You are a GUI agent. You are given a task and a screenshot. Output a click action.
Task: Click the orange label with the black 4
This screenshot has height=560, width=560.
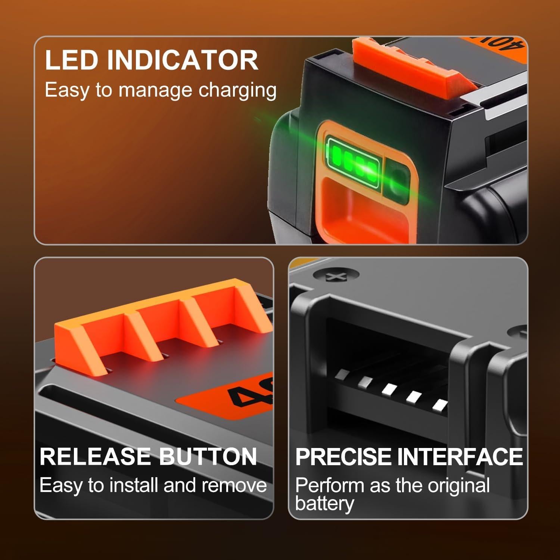[228, 396]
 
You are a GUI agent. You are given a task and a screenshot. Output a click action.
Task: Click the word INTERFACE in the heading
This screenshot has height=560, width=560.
[460, 456]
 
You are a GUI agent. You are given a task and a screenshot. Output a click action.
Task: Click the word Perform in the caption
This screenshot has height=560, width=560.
[324, 486]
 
